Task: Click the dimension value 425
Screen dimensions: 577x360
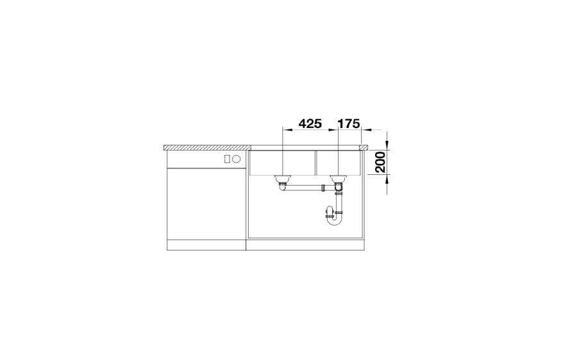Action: pos(310,124)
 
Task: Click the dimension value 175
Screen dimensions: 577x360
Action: pos(349,124)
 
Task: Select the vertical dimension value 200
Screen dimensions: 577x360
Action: pos(380,162)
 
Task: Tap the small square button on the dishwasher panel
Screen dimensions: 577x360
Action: pos(227,159)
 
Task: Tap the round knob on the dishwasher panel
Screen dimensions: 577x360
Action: pos(236,159)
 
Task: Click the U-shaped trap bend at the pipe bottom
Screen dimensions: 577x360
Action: pos(335,220)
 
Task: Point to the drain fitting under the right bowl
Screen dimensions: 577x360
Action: pos(338,181)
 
